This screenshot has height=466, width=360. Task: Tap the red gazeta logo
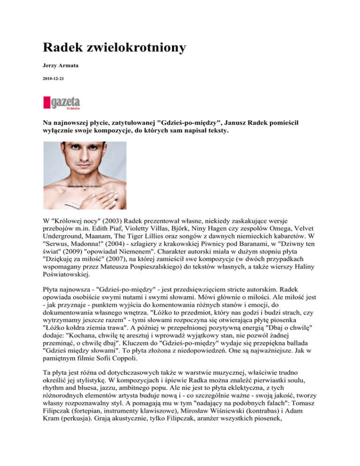[62, 103]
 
